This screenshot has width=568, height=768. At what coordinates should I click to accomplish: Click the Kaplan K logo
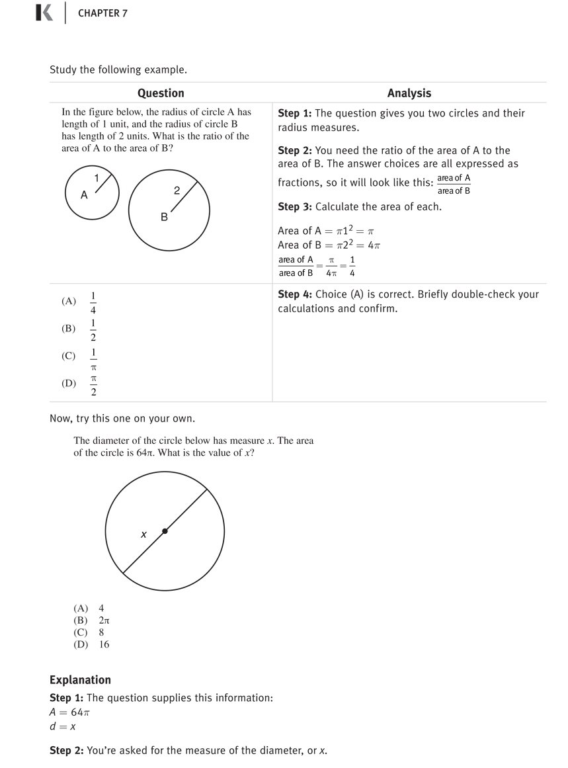coord(44,13)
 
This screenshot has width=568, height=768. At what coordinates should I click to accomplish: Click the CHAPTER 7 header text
coord(102,13)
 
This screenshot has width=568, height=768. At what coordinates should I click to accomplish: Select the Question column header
coord(161,93)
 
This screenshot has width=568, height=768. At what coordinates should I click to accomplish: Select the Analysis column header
coord(409,93)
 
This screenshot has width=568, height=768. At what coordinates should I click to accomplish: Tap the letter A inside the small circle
coord(84,195)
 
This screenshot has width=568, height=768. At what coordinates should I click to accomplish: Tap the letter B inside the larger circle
coord(164,217)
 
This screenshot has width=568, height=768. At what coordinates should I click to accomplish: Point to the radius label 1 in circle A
coord(97,177)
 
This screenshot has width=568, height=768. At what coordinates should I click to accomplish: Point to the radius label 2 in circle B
coord(177,191)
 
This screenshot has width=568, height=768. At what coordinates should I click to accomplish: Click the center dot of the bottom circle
coord(165,531)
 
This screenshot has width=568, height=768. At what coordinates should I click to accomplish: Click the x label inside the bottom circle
coord(143,534)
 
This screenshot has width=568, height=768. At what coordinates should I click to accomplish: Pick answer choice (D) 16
coord(91,644)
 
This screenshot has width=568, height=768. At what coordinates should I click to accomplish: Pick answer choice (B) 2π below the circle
coord(91,620)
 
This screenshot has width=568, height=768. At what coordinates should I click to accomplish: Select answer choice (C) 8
coord(89,632)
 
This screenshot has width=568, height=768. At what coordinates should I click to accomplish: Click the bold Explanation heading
coord(80,680)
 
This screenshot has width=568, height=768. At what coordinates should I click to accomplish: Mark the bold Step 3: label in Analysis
coord(295,207)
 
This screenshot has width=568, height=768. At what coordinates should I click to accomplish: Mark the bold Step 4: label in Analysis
coord(295,294)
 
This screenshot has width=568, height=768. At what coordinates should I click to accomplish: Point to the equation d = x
coord(62,726)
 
